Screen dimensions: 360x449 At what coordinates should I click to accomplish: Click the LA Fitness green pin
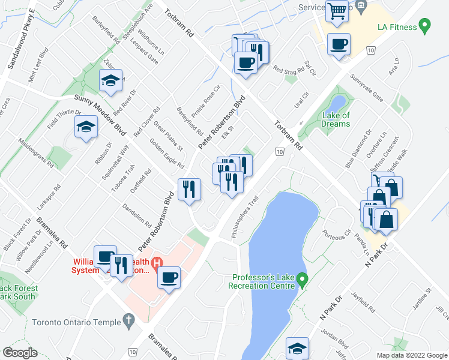pyautogui.click(x=426, y=26)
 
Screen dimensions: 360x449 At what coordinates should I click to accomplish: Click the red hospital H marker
pyautogui.click(x=157, y=263)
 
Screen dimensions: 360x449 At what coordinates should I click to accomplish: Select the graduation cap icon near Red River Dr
pyautogui.click(x=111, y=80)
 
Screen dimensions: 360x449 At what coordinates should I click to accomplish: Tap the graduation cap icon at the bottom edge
pyautogui.click(x=297, y=348)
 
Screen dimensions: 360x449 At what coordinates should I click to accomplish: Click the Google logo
pyautogui.click(x=20, y=353)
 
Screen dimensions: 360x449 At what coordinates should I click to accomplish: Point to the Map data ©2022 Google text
pyautogui.click(x=412, y=355)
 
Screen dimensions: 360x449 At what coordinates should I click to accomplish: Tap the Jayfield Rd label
pyautogui.click(x=363, y=302)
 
